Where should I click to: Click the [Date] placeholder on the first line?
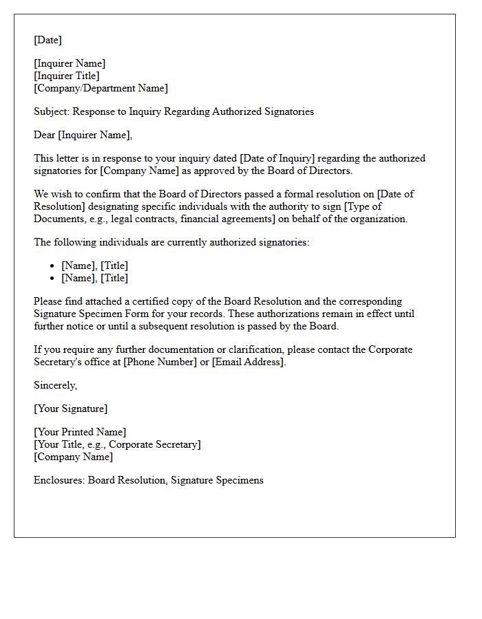pyautogui.click(x=48, y=40)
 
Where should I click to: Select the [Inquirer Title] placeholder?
pyautogui.click(x=67, y=76)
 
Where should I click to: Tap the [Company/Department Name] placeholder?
pyautogui.click(x=101, y=88)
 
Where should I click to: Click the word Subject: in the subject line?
pyautogui.click(x=52, y=111)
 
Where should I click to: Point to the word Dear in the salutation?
pyautogui.click(x=44, y=135)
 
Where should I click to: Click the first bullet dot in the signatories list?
pyautogui.click(x=52, y=266)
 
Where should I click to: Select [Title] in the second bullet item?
pyautogui.click(x=115, y=278)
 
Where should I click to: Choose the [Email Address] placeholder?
pyautogui.click(x=249, y=362)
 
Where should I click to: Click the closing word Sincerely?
pyautogui.click(x=55, y=385)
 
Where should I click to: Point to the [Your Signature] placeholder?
pyautogui.click(x=70, y=409)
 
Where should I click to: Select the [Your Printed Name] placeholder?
pyautogui.click(x=80, y=432)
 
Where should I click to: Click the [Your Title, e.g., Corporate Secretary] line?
pyautogui.click(x=117, y=444)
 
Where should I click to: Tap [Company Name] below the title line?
pyautogui.click(x=74, y=457)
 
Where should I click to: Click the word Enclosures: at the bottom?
pyautogui.click(x=59, y=480)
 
